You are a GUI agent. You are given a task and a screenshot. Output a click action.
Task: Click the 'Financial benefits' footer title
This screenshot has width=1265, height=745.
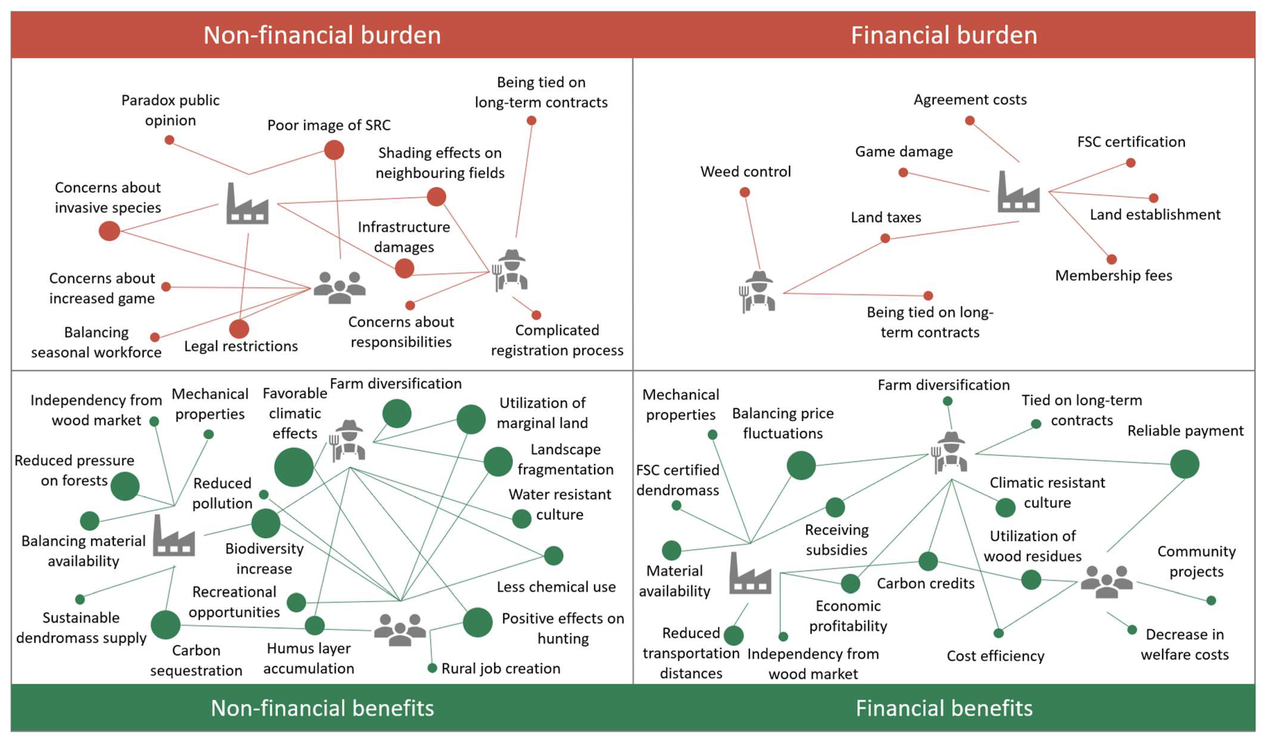pos(944,708)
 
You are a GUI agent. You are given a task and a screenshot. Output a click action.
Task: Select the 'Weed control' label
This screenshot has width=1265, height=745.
pos(745,172)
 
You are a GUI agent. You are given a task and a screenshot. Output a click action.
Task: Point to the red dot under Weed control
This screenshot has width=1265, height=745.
pos(745,192)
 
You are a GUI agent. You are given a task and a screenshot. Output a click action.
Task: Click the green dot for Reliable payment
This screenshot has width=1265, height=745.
pos(1185,464)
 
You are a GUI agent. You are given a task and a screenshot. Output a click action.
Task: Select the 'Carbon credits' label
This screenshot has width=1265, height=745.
pos(926,583)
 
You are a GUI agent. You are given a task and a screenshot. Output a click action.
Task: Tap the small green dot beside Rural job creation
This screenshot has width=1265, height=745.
pos(432,668)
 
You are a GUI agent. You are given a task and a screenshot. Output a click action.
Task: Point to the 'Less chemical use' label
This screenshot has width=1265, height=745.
pos(556,587)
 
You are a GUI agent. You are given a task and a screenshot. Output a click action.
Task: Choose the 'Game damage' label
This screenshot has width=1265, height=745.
pos(904,152)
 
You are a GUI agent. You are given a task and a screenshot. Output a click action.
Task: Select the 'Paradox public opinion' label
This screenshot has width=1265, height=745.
pos(171,110)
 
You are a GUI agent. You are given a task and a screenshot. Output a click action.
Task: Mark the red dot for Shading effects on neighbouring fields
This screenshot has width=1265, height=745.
pos(436,197)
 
